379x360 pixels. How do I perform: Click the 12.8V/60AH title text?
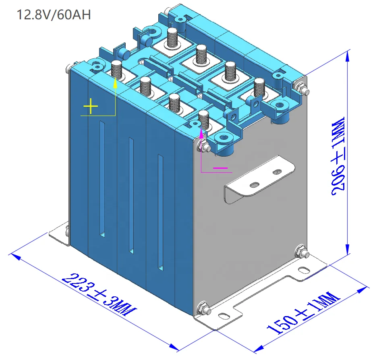pos(53,15)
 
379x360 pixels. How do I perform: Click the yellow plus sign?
pos(91,107)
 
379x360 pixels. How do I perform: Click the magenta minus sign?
pos(220,167)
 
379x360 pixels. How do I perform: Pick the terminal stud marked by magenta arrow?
pos(204,119)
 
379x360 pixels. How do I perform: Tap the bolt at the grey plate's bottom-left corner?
pos(203,310)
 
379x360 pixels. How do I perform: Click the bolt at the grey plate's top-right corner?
pos(300,87)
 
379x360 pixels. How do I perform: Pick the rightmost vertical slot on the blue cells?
pos(161,211)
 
